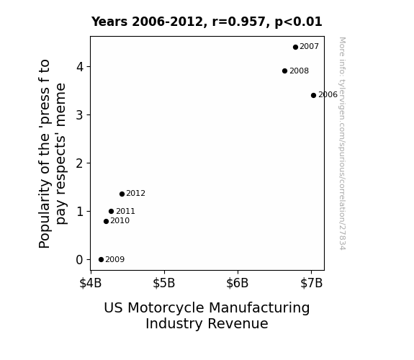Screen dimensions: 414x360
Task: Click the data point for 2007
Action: coord(295,47)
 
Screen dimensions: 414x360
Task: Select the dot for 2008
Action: coord(284,71)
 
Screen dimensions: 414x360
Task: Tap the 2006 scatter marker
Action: coord(313,95)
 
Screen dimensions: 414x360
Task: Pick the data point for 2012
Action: coord(122,194)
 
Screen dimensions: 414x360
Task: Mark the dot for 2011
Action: coord(111,211)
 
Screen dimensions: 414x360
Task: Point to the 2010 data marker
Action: coord(106,221)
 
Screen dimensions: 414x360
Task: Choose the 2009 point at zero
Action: coord(101,260)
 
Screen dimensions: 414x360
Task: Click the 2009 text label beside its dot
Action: coord(115,260)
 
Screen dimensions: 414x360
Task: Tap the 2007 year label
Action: coord(309,47)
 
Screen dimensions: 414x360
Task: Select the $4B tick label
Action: coord(91,283)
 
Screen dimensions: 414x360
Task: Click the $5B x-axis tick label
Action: coord(164,283)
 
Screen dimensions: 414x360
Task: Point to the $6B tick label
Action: coord(238,283)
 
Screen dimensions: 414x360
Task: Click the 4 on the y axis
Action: coord(80,66)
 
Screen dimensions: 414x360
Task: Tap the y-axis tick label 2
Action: coord(80,163)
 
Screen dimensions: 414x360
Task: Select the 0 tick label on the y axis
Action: coord(80,260)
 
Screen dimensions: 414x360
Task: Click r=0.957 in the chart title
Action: coord(238,22)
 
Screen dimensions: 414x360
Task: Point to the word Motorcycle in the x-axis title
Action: coord(166,307)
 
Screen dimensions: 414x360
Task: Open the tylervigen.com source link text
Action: coord(342,143)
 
